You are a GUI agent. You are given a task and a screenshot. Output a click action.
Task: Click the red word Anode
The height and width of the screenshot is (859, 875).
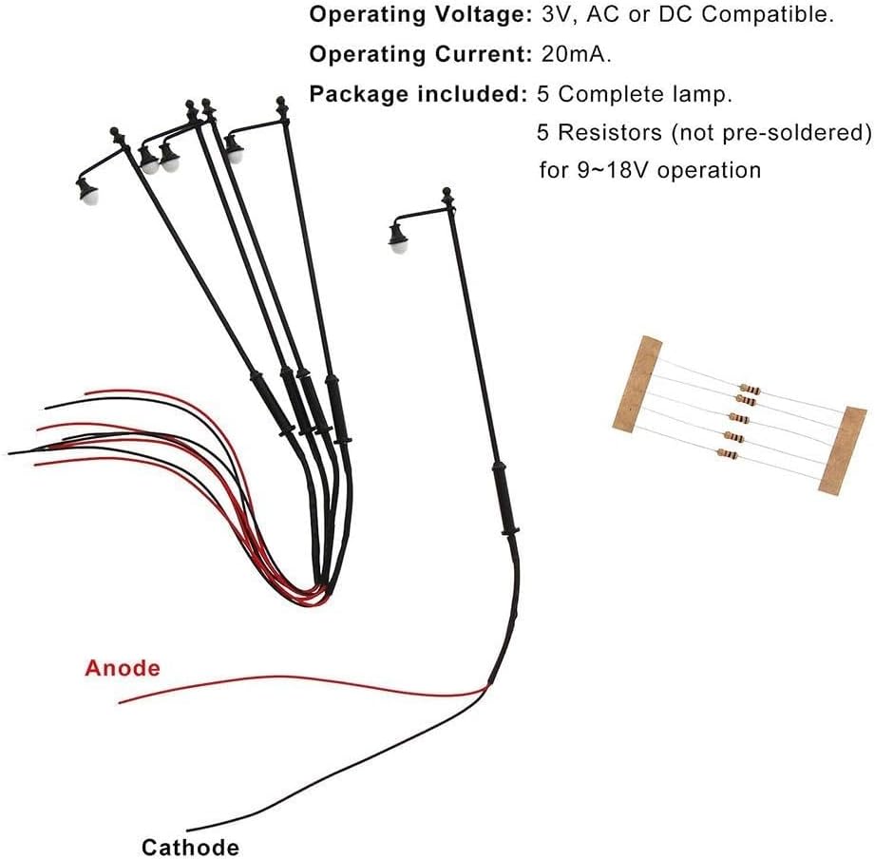pos(123,668)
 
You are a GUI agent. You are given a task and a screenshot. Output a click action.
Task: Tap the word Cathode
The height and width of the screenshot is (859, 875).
pos(190,847)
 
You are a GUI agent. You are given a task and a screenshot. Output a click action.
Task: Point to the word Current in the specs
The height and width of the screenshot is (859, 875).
pos(478,55)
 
